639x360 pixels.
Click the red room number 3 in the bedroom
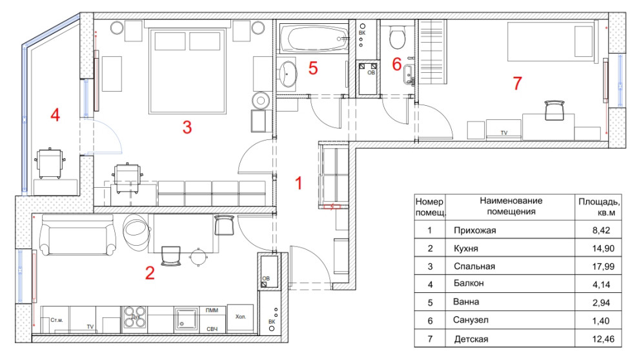pyautogui.click(x=187, y=127)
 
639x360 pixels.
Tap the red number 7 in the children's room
pyautogui.click(x=517, y=83)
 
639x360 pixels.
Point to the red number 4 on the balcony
pyautogui.click(x=55, y=115)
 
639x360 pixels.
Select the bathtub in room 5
pyautogui.click(x=314, y=39)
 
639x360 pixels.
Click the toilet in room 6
pyautogui.click(x=397, y=37)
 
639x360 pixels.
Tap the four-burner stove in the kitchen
pyautogui.click(x=134, y=317)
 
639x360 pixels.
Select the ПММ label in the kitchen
pyautogui.click(x=212, y=310)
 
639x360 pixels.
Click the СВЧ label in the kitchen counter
pyautogui.click(x=212, y=328)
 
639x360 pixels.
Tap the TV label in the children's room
pyautogui.click(x=503, y=133)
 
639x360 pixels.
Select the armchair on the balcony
pyautogui.click(x=50, y=163)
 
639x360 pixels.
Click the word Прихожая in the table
pyautogui.click(x=475, y=230)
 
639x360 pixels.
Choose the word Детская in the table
pyautogui.click(x=471, y=339)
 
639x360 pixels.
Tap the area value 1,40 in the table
pyautogui.click(x=601, y=321)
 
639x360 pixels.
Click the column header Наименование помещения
pyautogui.click(x=511, y=206)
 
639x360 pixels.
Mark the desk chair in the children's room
pyautogui.click(x=554, y=110)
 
